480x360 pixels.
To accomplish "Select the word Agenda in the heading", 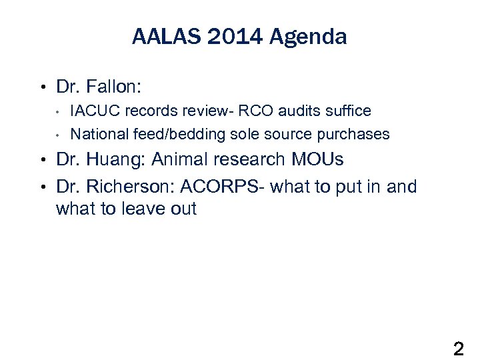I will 308,37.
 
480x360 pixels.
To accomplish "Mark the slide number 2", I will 459,348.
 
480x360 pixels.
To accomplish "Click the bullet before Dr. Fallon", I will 42,87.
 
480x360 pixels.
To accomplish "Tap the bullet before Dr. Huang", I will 42,161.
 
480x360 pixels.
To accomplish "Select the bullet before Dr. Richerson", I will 42,186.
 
